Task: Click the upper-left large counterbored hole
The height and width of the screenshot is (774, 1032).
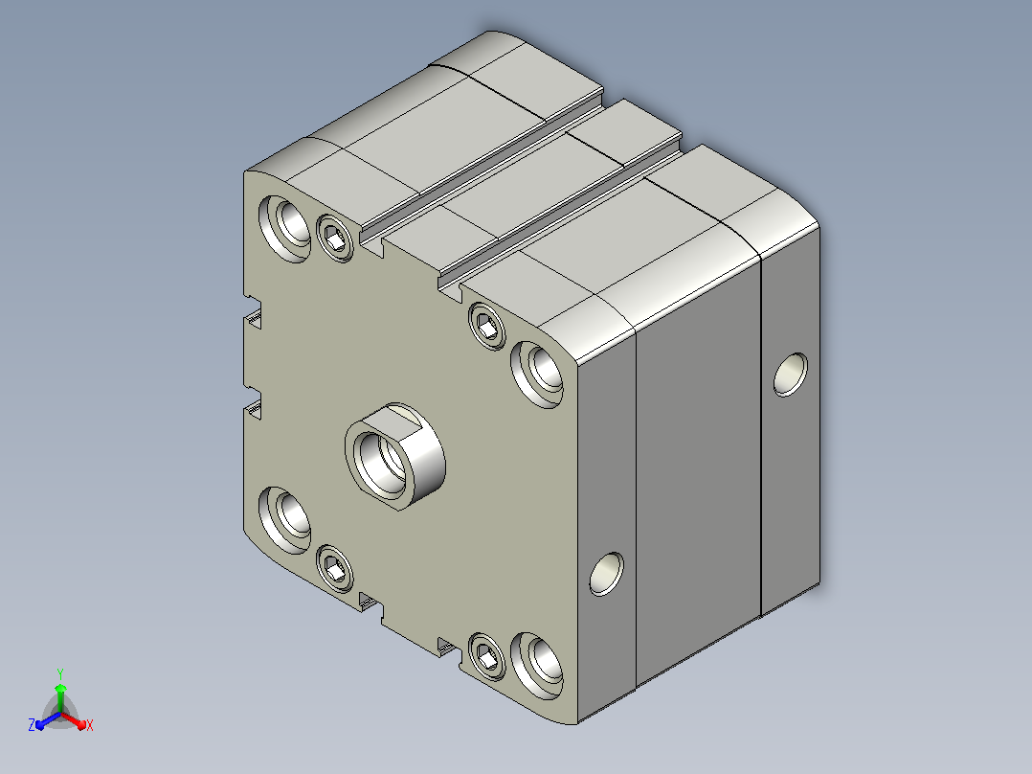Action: click(285, 229)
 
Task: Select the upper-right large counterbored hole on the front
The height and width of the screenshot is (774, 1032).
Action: click(537, 374)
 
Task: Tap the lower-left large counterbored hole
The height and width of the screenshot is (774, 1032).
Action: click(285, 520)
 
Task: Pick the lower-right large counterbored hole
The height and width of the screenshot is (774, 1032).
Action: click(537, 666)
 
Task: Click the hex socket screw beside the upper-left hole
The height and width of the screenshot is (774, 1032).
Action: click(335, 239)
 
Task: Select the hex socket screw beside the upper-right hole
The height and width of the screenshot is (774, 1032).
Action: click(487, 326)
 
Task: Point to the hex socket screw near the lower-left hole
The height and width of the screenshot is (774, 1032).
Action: click(335, 568)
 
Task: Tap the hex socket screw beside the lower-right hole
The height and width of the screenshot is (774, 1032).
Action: click(487, 656)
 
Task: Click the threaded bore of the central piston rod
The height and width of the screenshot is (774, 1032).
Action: click(380, 458)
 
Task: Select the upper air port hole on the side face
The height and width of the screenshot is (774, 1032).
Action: click(791, 375)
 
